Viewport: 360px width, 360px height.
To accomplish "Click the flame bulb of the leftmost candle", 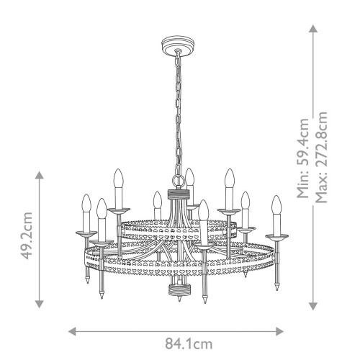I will click(87, 203).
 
